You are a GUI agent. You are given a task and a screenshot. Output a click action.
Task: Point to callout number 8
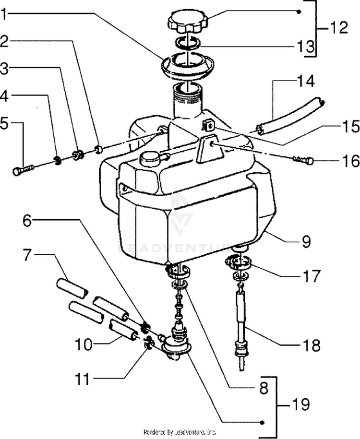coord(263,388)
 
